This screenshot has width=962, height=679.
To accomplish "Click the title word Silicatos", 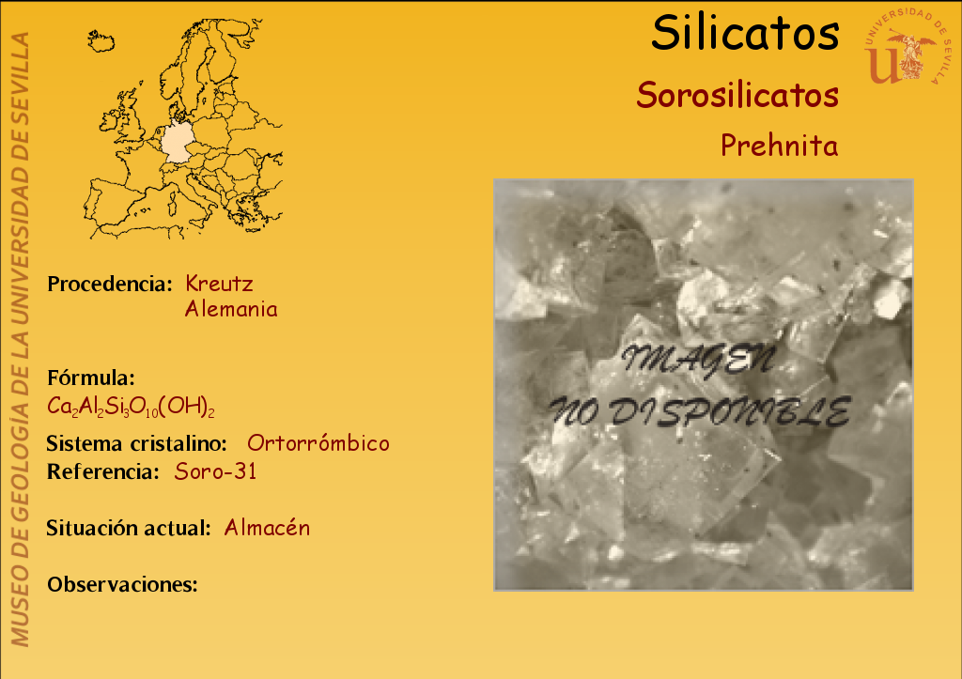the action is [x=745, y=33].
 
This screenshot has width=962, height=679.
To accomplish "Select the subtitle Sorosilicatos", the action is [x=737, y=95].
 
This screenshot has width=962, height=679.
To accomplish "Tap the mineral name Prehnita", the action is [x=779, y=146].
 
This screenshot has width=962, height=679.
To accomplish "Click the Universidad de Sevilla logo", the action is [x=908, y=46].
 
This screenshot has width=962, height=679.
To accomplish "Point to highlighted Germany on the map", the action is [x=178, y=142].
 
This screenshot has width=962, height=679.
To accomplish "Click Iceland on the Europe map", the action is [x=101, y=41].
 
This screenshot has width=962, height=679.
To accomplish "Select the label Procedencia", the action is [x=110, y=284].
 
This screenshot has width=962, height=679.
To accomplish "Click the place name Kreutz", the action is [x=219, y=284].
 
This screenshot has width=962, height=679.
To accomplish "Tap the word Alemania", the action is [x=231, y=309].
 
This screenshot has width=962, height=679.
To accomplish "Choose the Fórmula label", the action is [x=91, y=378].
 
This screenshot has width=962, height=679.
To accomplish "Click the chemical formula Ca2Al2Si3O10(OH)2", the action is [x=131, y=406].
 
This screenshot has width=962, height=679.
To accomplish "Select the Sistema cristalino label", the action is [x=137, y=443].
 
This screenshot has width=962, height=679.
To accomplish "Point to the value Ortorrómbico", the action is [x=318, y=443].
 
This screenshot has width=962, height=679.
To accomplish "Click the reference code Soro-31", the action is [x=215, y=471].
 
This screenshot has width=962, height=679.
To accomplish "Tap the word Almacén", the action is [x=267, y=528].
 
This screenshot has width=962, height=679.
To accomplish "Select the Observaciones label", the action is [x=123, y=584].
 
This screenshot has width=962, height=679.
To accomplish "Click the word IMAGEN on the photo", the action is [x=698, y=360].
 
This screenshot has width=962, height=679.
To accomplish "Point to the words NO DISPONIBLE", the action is [x=700, y=411].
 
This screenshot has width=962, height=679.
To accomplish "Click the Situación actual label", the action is [x=129, y=528].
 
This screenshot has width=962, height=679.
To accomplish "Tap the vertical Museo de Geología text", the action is [x=20, y=339].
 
